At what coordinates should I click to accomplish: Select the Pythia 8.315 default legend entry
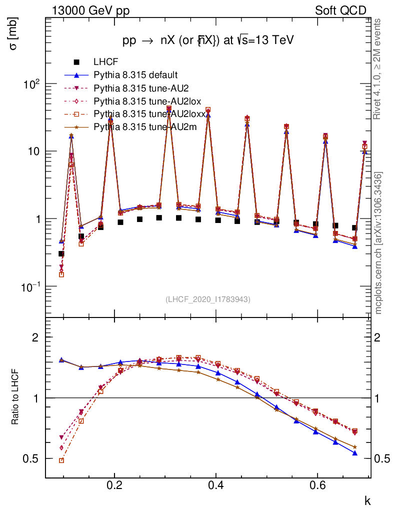pos(135,75)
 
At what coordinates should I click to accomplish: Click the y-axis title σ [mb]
pos(13,35)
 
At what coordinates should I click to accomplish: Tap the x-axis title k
pos(367,499)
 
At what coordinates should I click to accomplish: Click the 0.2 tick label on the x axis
pos(114,485)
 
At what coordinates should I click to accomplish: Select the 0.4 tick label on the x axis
pos(216,485)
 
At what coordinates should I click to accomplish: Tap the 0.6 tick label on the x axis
pos(317,485)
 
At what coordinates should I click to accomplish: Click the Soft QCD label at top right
pos(340,10)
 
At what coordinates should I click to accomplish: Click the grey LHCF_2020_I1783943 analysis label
pos(208,299)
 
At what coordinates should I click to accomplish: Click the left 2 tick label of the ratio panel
pos(35,337)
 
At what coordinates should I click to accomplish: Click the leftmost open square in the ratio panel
pos(61,460)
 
